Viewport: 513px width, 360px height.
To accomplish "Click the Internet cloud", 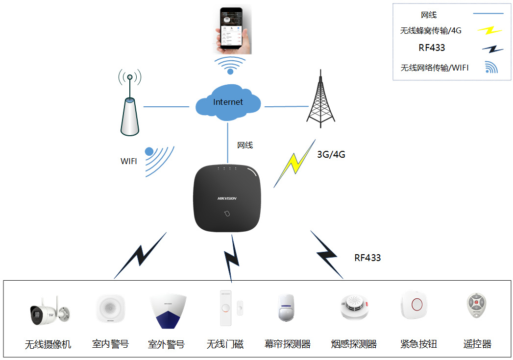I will point(228,102).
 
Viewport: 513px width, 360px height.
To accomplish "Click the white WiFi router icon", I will point(129,117).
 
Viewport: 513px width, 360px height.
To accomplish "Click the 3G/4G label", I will point(331,155).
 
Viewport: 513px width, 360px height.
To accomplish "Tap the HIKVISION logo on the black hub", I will point(227,198).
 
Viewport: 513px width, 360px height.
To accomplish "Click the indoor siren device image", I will point(110,309).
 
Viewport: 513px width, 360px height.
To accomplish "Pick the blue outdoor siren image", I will point(168,310).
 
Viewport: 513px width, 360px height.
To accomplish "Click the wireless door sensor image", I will point(226,308).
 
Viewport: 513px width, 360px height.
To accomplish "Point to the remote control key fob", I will point(476,306).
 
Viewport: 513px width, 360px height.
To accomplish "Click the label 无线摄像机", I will point(48,345).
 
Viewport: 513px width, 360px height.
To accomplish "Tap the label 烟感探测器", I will point(354,344).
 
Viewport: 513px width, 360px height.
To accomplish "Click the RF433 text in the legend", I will point(432,48).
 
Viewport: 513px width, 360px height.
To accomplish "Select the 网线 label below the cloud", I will point(245,145).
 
